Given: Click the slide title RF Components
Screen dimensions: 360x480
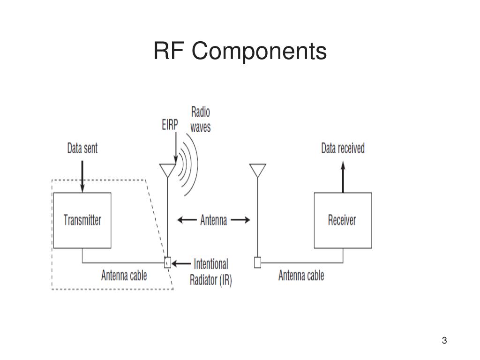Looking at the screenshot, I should point(240,51).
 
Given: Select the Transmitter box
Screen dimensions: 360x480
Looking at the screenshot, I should point(82,220).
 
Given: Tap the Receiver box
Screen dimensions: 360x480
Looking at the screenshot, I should point(342,220).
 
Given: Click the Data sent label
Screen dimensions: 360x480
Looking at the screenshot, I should point(82,149).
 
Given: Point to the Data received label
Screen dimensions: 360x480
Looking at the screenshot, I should point(343,149).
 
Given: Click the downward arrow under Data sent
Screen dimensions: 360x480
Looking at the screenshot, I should point(82,176).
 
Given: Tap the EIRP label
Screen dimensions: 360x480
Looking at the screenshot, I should point(170,125).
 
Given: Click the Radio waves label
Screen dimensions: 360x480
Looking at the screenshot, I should point(200,119).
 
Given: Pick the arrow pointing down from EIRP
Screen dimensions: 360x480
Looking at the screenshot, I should point(175,148).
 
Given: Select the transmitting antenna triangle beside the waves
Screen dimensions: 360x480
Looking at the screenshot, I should point(167,170).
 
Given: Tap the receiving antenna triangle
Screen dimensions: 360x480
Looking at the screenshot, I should point(257,170).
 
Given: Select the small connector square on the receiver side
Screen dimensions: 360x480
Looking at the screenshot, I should point(257,262).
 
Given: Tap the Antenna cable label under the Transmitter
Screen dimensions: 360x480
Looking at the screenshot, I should point(124,275).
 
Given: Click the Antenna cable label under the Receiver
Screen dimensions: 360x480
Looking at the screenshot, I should point(301,275).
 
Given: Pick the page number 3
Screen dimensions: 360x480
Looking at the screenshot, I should point(444,340).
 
